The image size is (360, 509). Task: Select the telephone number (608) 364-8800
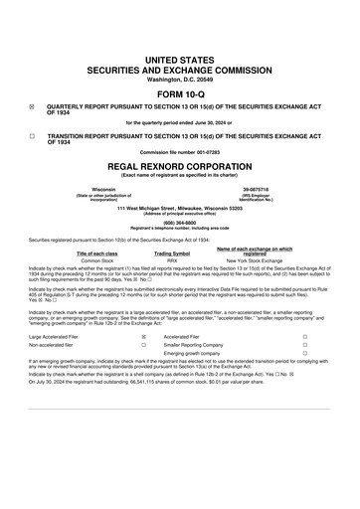pos(180,224)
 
